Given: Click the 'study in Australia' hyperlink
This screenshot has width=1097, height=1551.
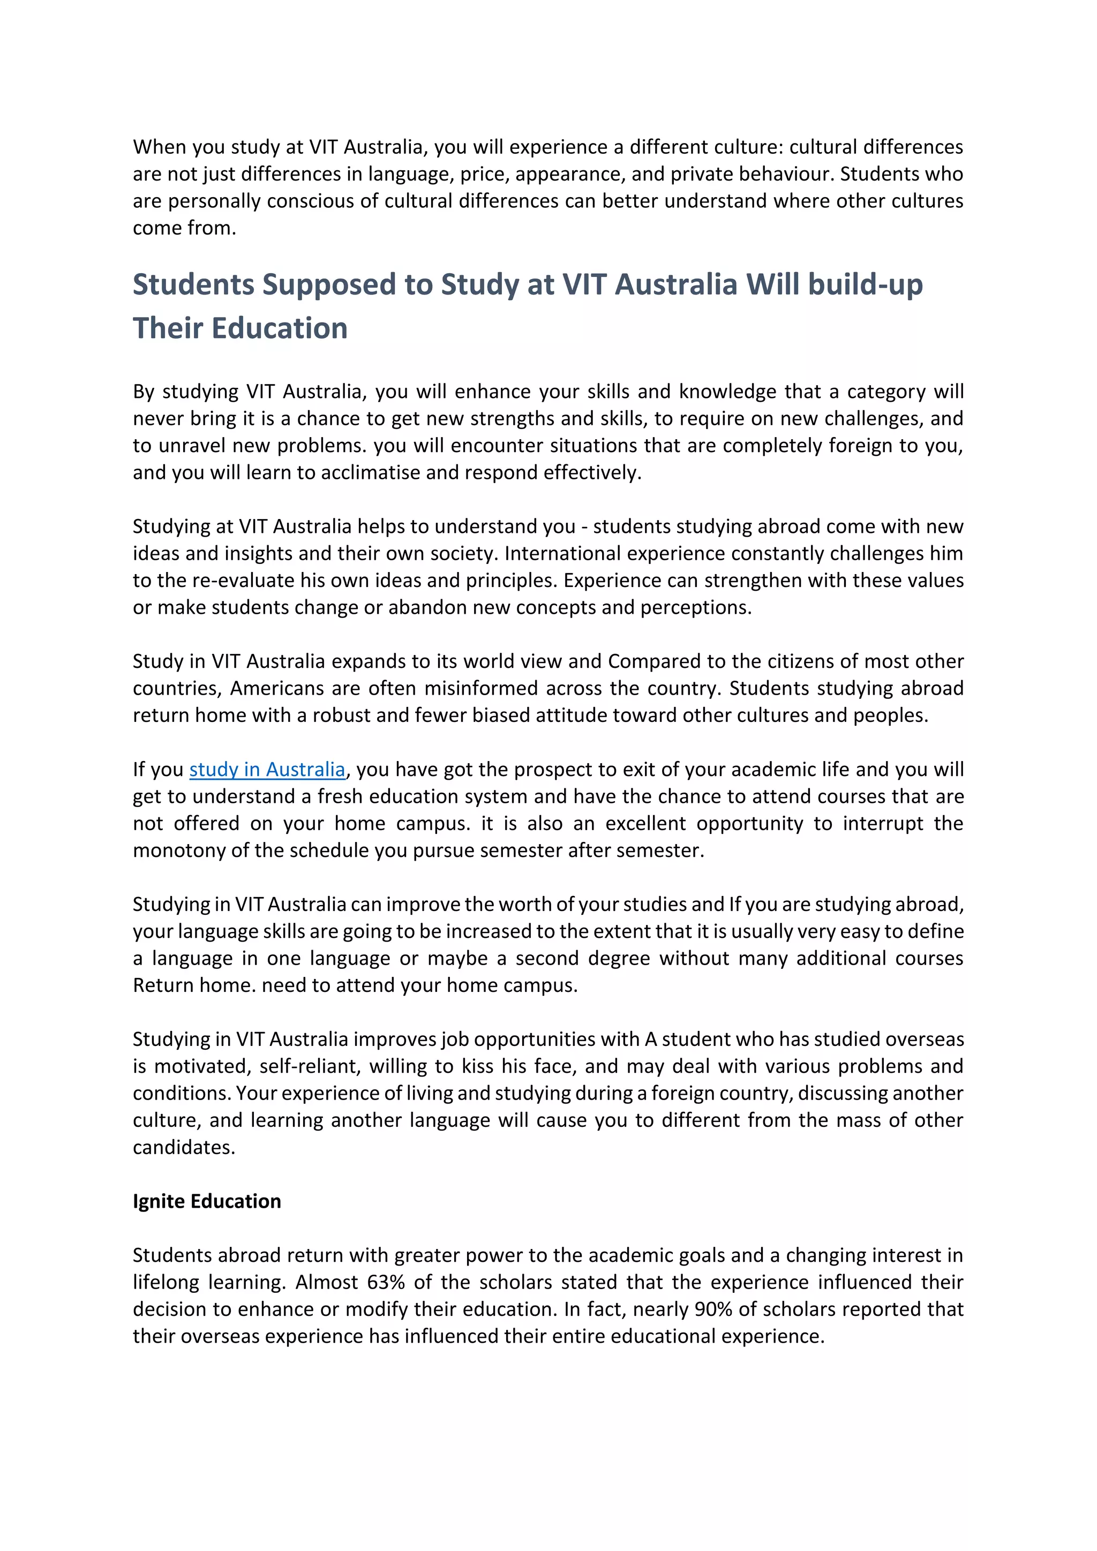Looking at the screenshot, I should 267,770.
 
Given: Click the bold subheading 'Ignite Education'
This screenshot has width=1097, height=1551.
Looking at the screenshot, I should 207,1201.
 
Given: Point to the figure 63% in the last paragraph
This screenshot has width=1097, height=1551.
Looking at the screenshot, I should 386,1282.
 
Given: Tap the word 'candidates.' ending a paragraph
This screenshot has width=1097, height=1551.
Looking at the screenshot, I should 184,1147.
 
